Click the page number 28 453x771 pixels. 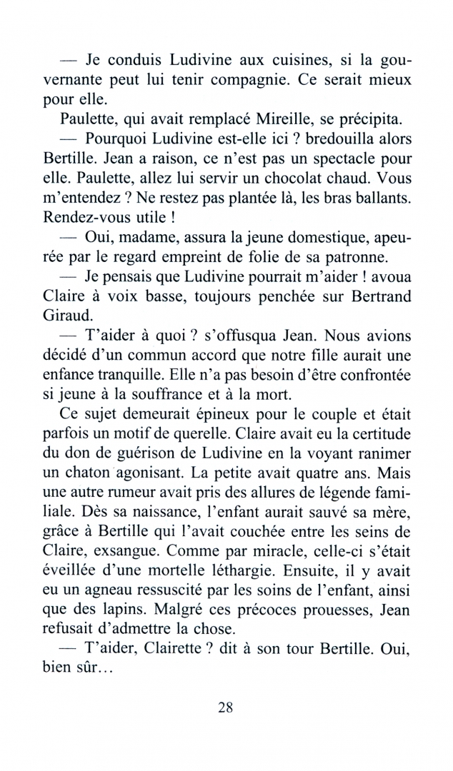(x=226, y=707)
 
